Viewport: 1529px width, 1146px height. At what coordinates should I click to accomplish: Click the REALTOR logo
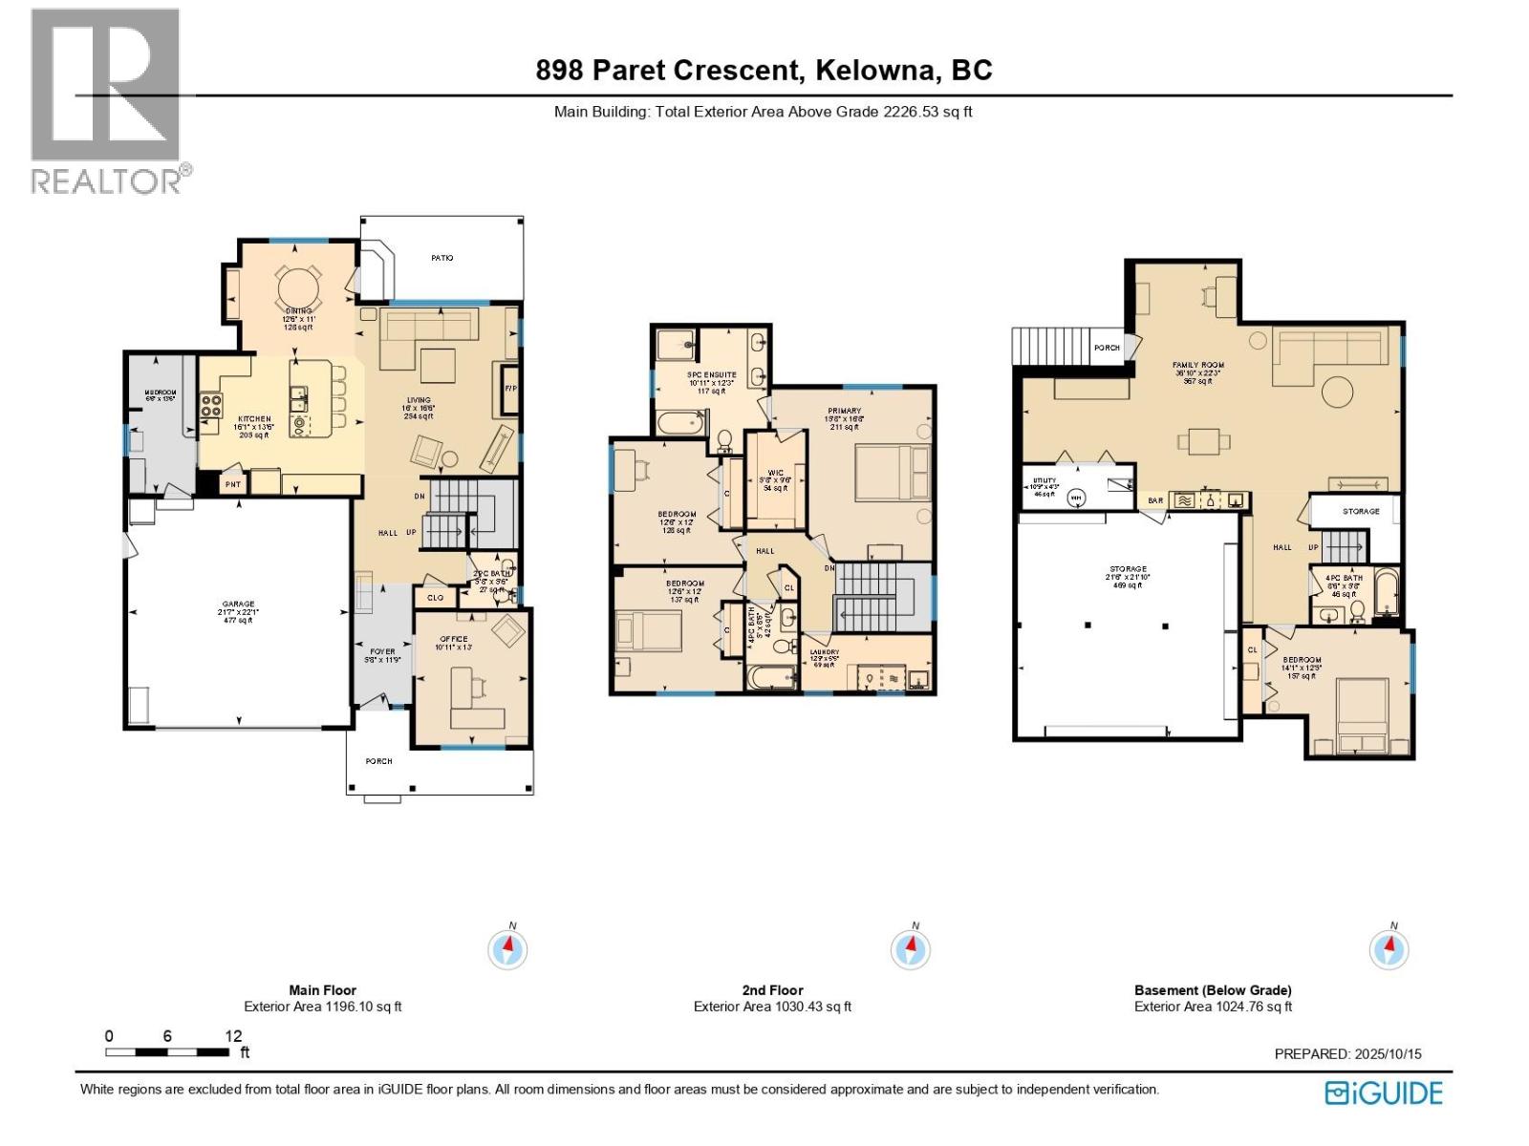pyautogui.click(x=105, y=100)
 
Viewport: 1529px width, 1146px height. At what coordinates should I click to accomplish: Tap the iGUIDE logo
pyautogui.click(x=1383, y=1093)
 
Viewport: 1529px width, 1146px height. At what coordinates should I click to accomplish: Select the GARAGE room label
pyautogui.click(x=238, y=604)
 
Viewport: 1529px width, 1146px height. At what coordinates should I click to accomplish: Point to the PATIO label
pyautogui.click(x=441, y=258)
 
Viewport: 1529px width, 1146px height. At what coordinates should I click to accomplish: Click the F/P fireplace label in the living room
pyautogui.click(x=510, y=389)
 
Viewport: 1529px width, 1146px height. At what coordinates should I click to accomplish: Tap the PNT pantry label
pyautogui.click(x=232, y=485)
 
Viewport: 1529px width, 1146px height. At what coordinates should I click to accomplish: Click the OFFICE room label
pyautogui.click(x=453, y=639)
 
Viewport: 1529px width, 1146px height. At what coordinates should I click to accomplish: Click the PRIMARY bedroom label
pyautogui.click(x=844, y=411)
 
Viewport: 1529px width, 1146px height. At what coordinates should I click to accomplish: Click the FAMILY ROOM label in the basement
pyautogui.click(x=1197, y=365)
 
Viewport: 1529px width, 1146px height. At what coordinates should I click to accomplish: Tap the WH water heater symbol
pyautogui.click(x=1076, y=498)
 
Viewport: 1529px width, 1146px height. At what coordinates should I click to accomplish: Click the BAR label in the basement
pyautogui.click(x=1155, y=500)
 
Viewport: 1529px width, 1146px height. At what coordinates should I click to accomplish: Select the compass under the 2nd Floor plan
pyautogui.click(x=910, y=949)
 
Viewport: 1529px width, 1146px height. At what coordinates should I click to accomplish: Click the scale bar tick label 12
pyautogui.click(x=233, y=1036)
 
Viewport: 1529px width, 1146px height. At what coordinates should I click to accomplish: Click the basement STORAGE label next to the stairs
pyautogui.click(x=1361, y=511)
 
